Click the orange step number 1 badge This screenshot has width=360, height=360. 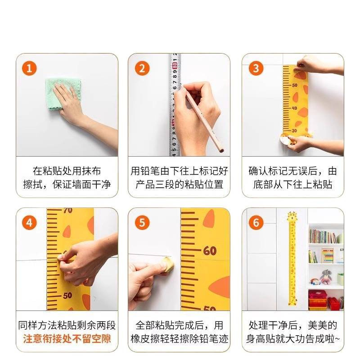pyautogui.click(x=29, y=68)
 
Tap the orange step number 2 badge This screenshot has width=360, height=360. pyautogui.click(x=142, y=68)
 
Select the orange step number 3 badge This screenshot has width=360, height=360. pyautogui.click(x=256, y=68)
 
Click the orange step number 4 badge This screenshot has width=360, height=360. pyautogui.click(x=29, y=222)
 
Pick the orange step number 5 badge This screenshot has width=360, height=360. pyautogui.click(x=142, y=222)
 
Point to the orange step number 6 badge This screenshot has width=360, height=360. pyautogui.click(x=256, y=222)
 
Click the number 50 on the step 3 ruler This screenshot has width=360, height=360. pyautogui.click(x=295, y=85)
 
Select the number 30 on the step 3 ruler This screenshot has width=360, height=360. pyautogui.click(x=294, y=130)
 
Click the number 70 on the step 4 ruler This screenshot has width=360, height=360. pyautogui.click(x=67, y=211)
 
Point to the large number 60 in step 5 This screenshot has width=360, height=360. pyautogui.click(x=209, y=251)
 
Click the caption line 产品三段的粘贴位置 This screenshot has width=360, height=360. pyautogui.click(x=180, y=184)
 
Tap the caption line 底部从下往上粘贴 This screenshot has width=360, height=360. pyautogui.click(x=293, y=184)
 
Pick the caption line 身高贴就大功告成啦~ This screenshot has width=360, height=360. pyautogui.click(x=293, y=338)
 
